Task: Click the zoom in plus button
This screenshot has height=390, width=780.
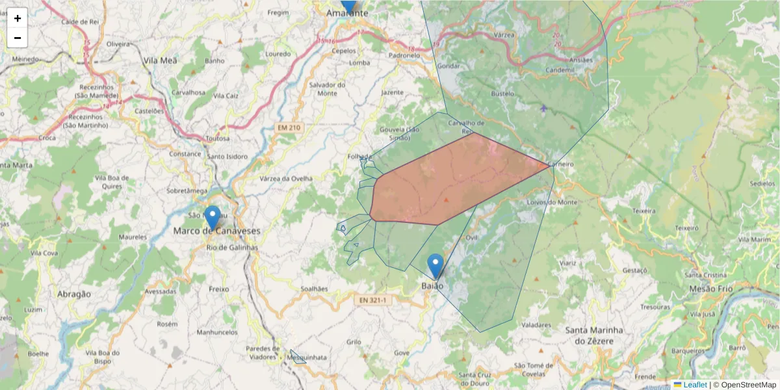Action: click(x=18, y=18)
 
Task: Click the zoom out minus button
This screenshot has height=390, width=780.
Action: click(x=18, y=38)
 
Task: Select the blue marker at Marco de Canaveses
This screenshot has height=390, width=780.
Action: click(x=212, y=217)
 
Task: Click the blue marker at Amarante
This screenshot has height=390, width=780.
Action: click(x=349, y=5)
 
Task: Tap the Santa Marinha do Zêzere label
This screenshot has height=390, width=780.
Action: click(x=594, y=335)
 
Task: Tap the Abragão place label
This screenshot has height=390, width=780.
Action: click(x=73, y=294)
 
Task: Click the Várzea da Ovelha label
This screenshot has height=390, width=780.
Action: click(x=285, y=179)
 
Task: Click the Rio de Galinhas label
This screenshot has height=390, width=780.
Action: click(x=232, y=248)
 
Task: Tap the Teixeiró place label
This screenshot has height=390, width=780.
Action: click(x=686, y=228)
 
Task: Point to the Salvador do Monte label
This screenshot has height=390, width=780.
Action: click(x=327, y=89)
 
